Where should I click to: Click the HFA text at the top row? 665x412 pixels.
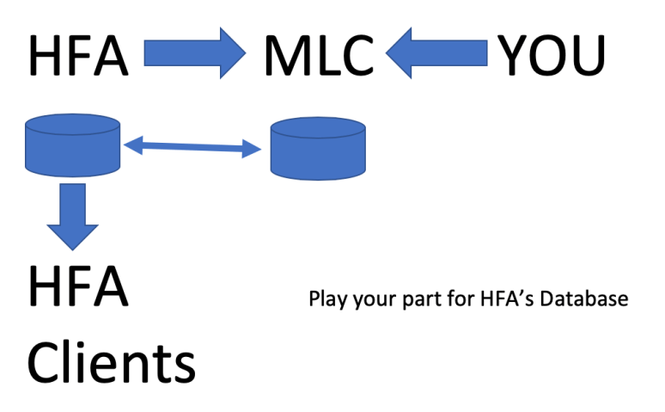pyautogui.click(x=78, y=56)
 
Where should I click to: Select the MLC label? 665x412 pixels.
pyautogui.click(x=319, y=56)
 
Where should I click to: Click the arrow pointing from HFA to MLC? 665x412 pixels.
pyautogui.click(x=194, y=53)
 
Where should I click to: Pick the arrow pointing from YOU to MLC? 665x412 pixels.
pyautogui.click(x=436, y=53)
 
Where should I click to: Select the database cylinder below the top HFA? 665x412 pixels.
pyautogui.click(x=71, y=145)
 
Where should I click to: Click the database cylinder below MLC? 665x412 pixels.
pyautogui.click(x=317, y=148)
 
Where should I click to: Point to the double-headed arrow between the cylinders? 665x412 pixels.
pyautogui.click(x=192, y=148)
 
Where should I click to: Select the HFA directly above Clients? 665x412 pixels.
pyautogui.click(x=78, y=287)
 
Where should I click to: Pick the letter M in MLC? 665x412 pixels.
pyautogui.click(x=282, y=56)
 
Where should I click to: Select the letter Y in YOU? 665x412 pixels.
pyautogui.click(x=512, y=56)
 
